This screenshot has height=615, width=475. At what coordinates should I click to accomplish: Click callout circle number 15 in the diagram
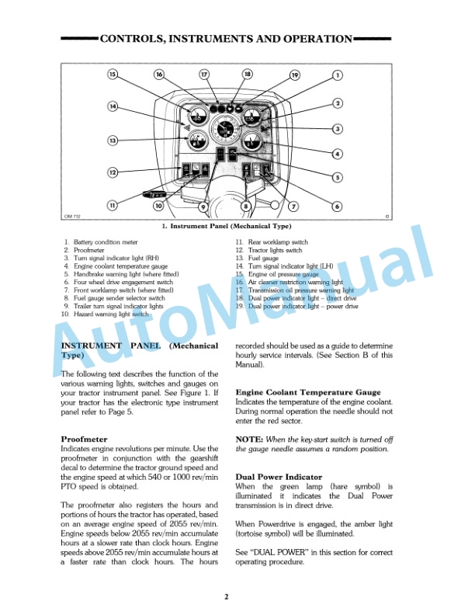[x=113, y=75]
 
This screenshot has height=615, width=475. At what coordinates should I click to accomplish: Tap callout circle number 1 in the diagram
[x=338, y=75]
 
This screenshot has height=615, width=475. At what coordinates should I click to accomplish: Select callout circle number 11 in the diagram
[x=113, y=205]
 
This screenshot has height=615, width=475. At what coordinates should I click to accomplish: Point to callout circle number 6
[x=337, y=206]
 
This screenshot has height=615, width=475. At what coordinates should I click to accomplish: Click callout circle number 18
[x=248, y=75]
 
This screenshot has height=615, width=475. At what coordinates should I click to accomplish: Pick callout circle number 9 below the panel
[x=203, y=207]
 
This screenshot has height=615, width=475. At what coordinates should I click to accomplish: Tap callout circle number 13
[x=113, y=141]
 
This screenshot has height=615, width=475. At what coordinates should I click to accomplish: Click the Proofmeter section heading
[x=84, y=440]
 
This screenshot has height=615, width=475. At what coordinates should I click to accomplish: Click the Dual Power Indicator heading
[x=279, y=477]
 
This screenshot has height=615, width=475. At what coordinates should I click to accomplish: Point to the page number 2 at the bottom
[x=227, y=596]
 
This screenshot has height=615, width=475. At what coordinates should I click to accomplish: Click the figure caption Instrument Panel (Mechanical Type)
[x=230, y=226]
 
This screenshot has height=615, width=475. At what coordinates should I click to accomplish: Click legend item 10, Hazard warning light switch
[x=106, y=314]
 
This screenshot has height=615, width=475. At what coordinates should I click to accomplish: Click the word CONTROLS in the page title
[x=131, y=38]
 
